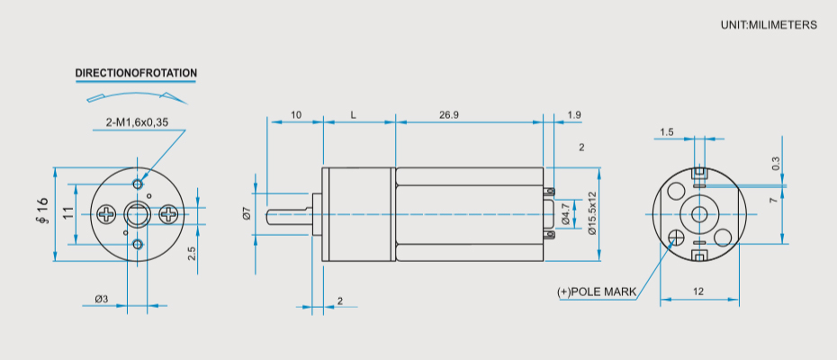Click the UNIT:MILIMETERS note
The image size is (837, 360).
click(769, 25)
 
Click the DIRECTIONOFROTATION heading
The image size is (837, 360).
click(136, 73)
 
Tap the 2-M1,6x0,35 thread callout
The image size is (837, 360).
click(137, 122)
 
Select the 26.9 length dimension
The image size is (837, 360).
click(449, 115)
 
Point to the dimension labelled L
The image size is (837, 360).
click(354, 115)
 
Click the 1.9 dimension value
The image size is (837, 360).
click(574, 115)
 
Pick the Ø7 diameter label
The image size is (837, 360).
click(247, 214)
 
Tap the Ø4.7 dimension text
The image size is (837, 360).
click(566, 215)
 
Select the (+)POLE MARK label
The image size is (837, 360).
click(597, 292)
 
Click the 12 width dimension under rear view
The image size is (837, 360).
click(698, 291)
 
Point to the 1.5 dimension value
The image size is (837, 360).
click(666, 132)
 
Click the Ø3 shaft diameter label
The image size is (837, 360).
click(102, 299)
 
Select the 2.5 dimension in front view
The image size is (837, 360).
click(192, 253)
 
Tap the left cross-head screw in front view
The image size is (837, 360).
click(107, 214)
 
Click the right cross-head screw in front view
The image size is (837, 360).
click(168, 214)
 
